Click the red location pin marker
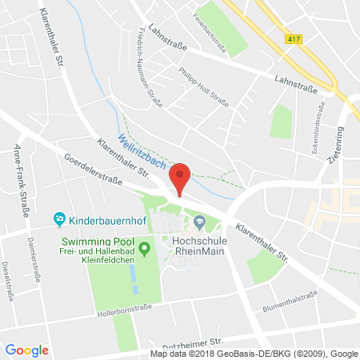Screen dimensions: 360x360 coord(182,178)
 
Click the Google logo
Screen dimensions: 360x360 coord(26,350)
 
